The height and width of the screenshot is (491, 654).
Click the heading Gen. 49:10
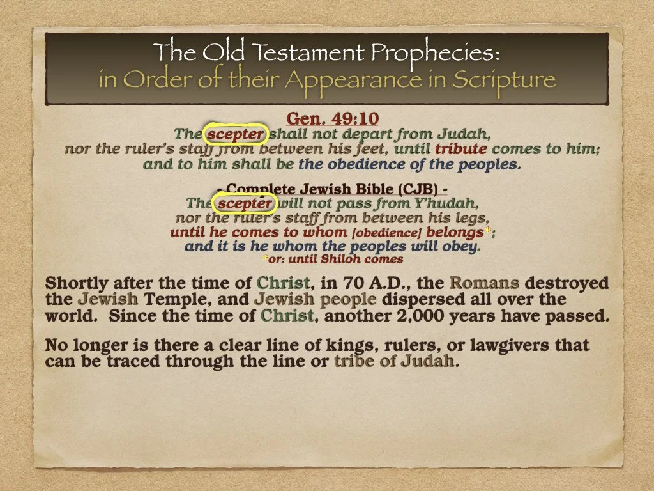[x=332, y=119]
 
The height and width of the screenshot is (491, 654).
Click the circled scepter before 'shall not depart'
[x=234, y=134]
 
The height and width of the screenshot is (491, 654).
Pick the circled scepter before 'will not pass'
[x=245, y=204]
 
